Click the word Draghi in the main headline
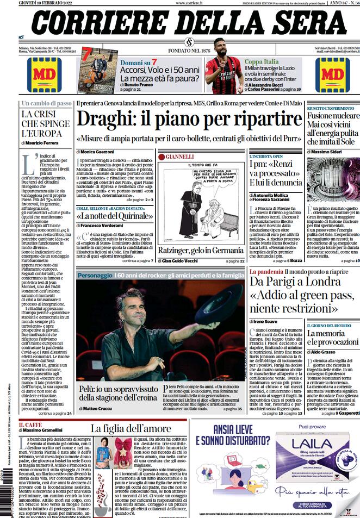105,119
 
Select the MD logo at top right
332,74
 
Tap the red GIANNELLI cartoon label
180,157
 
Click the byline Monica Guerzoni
98,152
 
